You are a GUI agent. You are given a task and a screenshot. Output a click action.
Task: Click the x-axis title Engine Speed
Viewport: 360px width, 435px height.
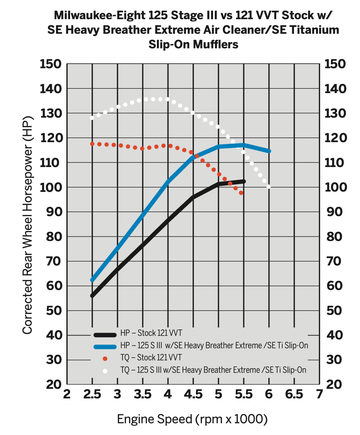pos(192,419)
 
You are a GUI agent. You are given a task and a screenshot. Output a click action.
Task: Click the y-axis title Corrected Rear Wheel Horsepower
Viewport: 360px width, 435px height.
pos(27,225)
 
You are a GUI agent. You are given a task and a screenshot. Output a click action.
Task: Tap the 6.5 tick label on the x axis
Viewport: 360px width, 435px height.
pos(294,394)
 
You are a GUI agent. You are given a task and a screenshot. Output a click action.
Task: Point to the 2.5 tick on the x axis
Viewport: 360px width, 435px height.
pos(92,394)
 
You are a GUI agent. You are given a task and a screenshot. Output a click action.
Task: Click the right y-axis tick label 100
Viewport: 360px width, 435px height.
pos(335,187)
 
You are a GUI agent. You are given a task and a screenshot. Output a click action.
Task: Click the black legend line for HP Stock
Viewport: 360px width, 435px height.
pos(105,334)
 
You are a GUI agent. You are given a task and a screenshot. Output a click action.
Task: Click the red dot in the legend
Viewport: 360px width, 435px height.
pos(105,359)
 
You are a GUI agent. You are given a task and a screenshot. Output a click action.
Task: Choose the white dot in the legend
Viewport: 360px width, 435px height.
pos(105,371)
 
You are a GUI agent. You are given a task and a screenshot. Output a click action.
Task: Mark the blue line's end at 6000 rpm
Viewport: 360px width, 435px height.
pos(269,151)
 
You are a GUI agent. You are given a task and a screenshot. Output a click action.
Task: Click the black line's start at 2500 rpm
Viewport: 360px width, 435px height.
pos(92,296)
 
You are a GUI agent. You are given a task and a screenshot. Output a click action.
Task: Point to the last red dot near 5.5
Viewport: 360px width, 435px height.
pos(241,193)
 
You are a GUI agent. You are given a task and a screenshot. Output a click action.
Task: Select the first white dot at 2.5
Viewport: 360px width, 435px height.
pos(92,118)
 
